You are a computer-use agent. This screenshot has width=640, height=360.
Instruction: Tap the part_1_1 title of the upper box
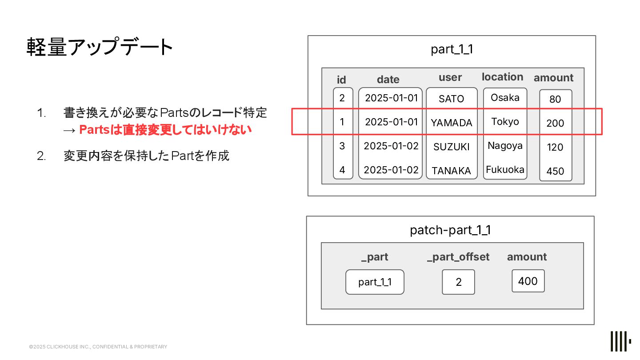(x=452, y=49)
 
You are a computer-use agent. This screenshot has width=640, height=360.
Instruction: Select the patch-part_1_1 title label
(x=450, y=230)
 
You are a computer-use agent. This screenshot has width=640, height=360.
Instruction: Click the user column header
(x=450, y=77)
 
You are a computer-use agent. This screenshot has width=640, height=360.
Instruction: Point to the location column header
(x=502, y=77)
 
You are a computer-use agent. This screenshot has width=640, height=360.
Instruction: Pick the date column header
(x=388, y=80)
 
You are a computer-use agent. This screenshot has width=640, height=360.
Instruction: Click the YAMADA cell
(x=452, y=123)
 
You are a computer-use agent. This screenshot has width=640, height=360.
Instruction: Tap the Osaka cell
(x=505, y=97)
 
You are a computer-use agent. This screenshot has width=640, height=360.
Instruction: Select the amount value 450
(x=555, y=171)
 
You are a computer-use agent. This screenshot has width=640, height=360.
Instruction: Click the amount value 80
(x=555, y=99)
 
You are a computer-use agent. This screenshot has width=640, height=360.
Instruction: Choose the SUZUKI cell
(x=452, y=147)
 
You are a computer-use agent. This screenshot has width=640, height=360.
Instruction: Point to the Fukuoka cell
(x=505, y=169)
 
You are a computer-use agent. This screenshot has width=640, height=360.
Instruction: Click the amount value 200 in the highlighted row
(x=555, y=123)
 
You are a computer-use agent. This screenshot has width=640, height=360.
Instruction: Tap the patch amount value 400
(x=528, y=281)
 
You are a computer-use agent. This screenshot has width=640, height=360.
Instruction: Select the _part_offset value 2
(x=459, y=282)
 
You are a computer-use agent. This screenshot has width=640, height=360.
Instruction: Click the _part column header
(x=375, y=257)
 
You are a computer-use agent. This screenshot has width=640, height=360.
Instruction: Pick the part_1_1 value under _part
(x=375, y=282)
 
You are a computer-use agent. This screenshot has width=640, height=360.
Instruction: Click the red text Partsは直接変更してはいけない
(x=165, y=130)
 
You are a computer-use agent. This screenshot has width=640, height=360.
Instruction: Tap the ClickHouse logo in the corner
(x=620, y=342)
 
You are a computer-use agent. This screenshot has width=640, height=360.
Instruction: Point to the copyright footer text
(x=98, y=347)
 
